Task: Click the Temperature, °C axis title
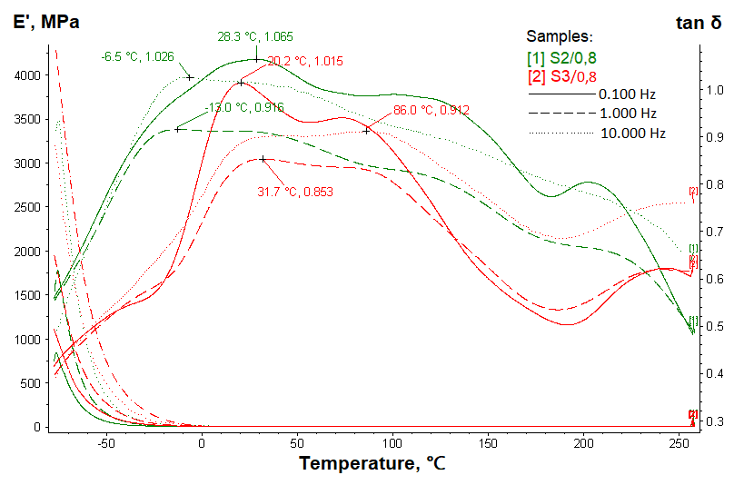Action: click(372, 464)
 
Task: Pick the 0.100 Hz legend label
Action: click(627, 94)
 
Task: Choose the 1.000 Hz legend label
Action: click(627, 114)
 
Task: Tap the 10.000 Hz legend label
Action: click(633, 134)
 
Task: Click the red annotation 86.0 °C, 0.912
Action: click(432, 110)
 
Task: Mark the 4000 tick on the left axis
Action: click(26, 75)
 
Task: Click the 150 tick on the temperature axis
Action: click(489, 443)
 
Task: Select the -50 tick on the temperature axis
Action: click(106, 443)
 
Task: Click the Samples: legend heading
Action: click(560, 37)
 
